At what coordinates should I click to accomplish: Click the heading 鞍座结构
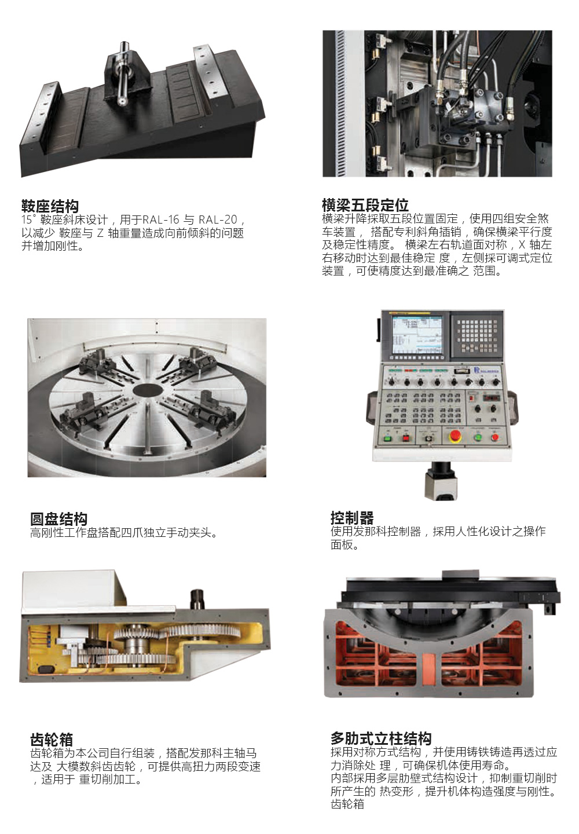(50, 206)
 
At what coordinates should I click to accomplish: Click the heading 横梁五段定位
(365, 205)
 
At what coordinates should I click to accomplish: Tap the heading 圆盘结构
(59, 519)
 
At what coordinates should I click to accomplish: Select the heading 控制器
(352, 518)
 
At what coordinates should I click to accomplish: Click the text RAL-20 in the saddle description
(218, 220)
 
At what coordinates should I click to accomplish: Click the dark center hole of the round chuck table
(148, 390)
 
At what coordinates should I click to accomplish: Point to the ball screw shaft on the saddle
(122, 75)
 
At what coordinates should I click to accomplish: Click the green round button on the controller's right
(478, 437)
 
